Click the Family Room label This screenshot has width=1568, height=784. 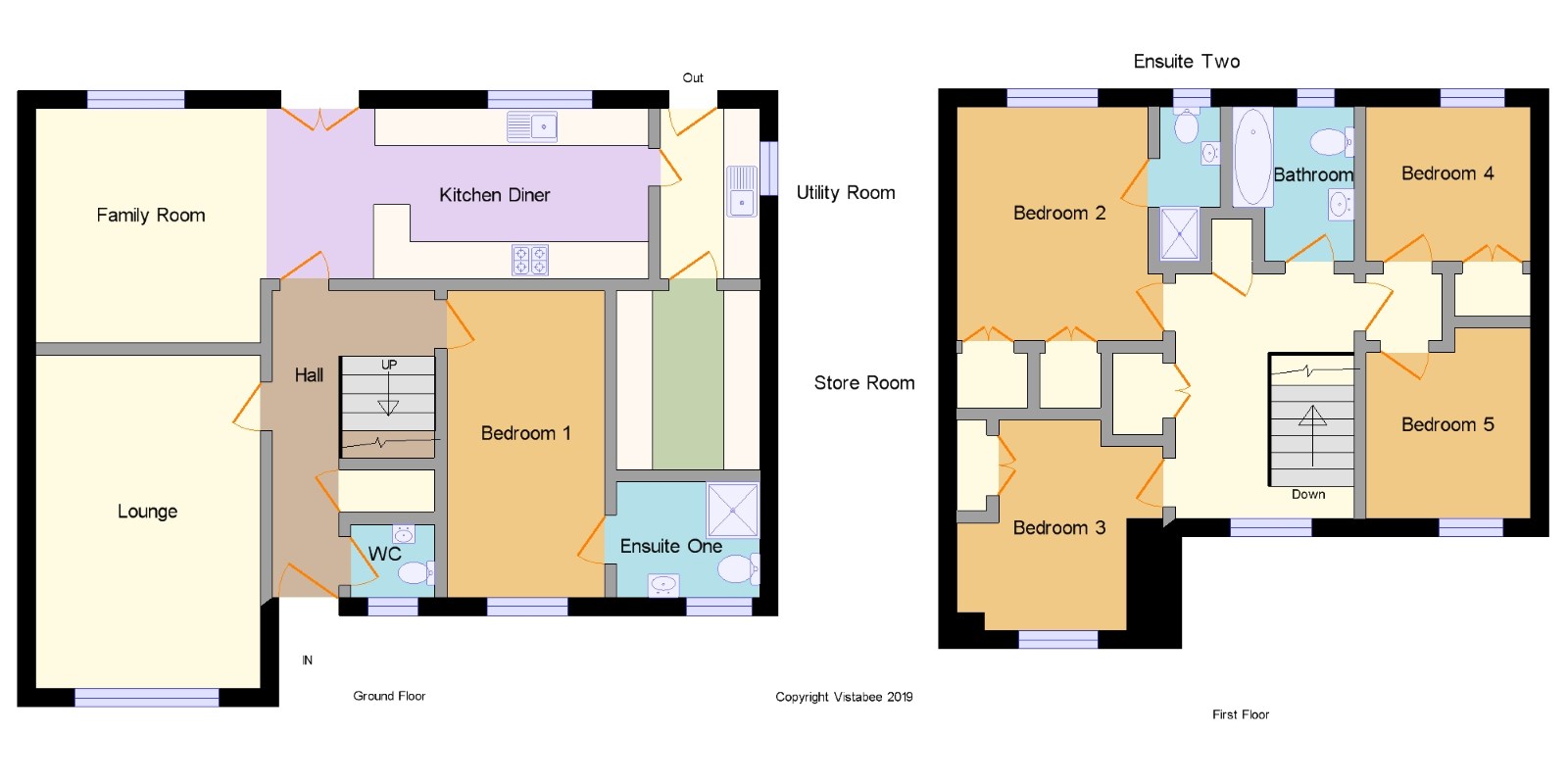click(151, 215)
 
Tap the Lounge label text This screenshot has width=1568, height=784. click(147, 511)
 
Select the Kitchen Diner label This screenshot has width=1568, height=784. click(494, 195)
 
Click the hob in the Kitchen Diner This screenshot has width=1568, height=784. click(530, 261)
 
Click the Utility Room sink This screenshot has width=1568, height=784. click(742, 191)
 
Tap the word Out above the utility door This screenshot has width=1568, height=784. click(693, 77)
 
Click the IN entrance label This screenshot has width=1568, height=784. click(308, 661)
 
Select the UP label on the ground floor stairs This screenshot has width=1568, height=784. click(389, 365)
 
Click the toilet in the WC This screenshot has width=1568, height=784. click(416, 573)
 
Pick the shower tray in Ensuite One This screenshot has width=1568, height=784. click(732, 510)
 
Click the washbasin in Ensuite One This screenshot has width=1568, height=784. click(662, 584)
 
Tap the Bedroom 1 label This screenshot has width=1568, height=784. click(525, 433)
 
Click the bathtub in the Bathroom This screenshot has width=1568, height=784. click(1252, 158)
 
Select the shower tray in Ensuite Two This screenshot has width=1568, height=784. click(1180, 234)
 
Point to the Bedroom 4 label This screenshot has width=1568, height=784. click(1447, 173)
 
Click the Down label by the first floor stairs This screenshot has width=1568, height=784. click(1308, 494)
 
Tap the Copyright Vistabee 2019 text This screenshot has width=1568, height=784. click(844, 697)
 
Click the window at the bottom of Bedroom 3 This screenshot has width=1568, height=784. click(1058, 639)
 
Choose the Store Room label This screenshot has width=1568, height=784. click(864, 383)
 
